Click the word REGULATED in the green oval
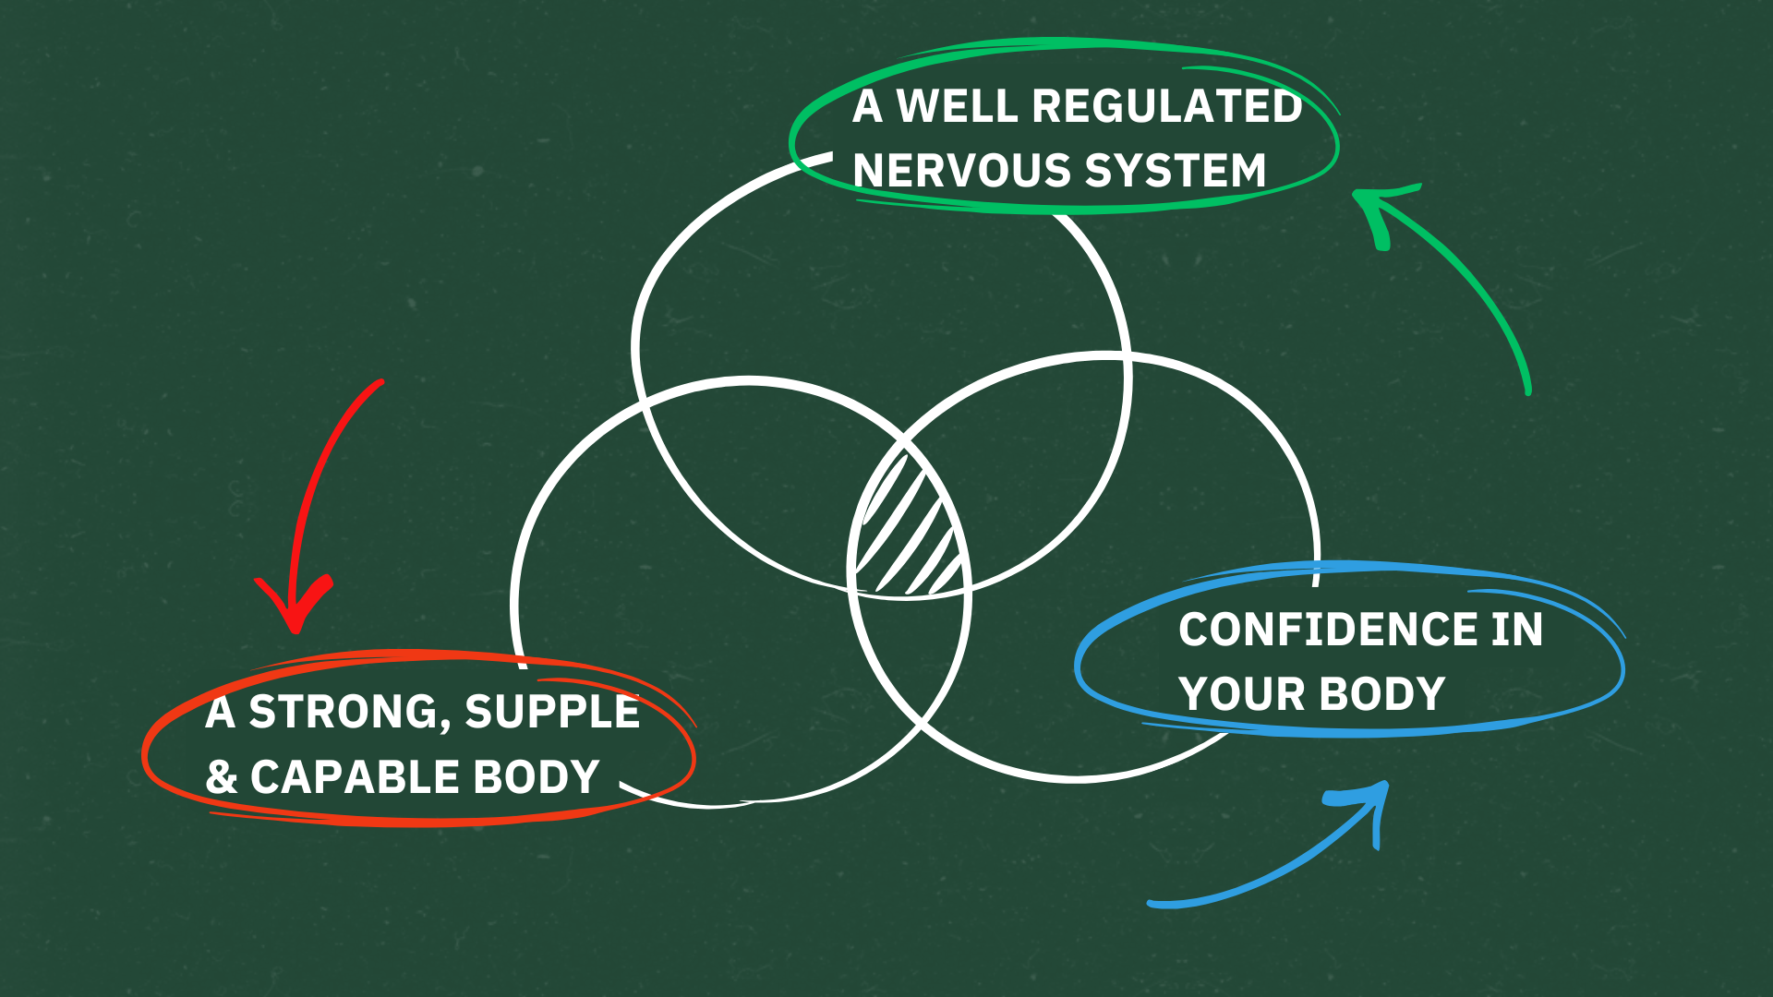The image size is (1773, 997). coord(1166,106)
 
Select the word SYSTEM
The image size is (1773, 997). coord(1175,171)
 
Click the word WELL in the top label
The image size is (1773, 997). coord(957,106)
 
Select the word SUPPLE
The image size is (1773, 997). coord(552,712)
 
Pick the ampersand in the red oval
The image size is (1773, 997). coord(222,777)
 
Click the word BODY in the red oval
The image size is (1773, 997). coord(537,777)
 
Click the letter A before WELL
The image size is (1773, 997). coord(867,106)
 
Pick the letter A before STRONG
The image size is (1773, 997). coord(220,712)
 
